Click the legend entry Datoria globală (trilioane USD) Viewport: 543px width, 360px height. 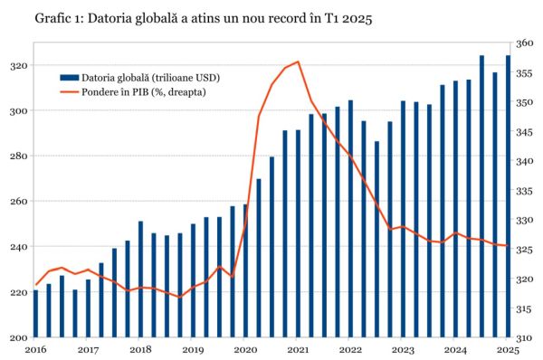(x=150, y=78)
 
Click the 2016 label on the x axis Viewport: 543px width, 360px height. (x=35, y=349)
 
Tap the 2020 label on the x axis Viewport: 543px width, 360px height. (x=245, y=349)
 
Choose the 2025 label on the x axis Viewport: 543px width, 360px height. (x=508, y=349)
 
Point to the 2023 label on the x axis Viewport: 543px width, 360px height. (x=403, y=349)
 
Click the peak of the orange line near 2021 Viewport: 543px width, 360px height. (x=298, y=62)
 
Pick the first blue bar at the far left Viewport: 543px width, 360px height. (x=35, y=313)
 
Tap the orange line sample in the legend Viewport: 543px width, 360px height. (x=70, y=91)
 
